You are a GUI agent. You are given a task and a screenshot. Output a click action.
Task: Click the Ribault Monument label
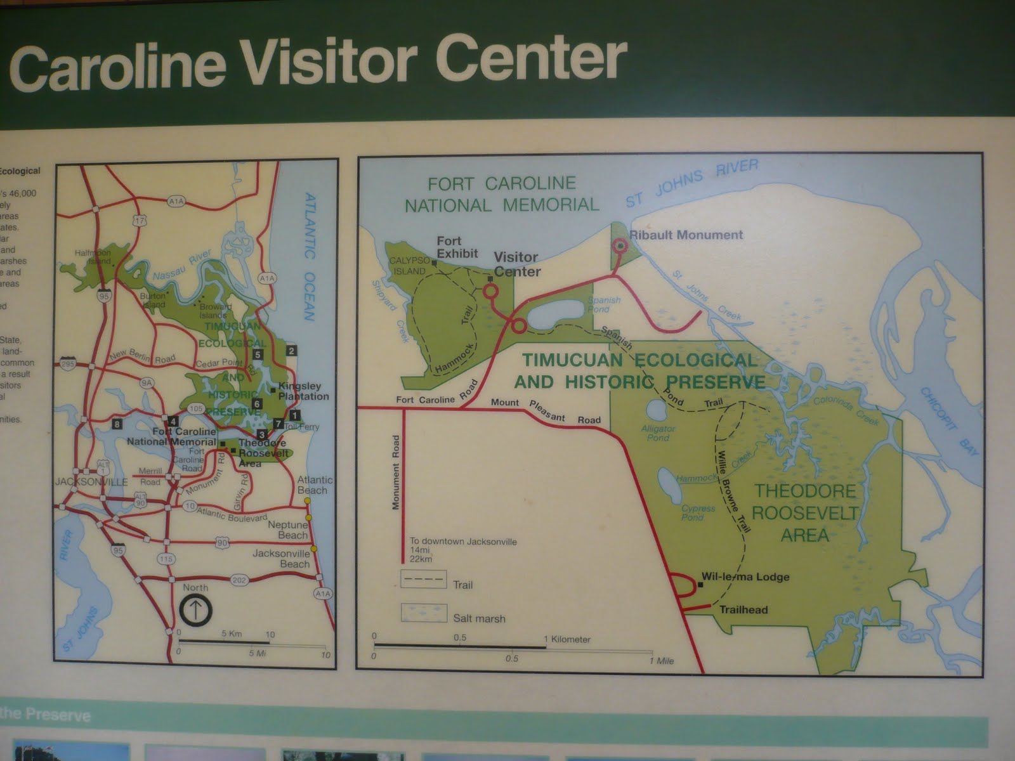click(x=686, y=235)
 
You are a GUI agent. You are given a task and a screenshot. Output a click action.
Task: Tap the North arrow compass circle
click(x=196, y=610)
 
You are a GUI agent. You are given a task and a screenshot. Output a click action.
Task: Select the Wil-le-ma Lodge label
click(x=745, y=577)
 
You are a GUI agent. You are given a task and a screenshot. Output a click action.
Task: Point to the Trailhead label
click(x=743, y=610)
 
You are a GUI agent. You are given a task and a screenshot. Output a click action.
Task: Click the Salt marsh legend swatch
click(x=424, y=613)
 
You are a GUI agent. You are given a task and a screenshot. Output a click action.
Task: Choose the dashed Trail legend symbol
click(x=424, y=580)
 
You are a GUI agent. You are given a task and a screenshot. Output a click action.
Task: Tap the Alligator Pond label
click(x=658, y=433)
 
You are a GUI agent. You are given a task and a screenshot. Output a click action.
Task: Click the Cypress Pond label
click(x=698, y=512)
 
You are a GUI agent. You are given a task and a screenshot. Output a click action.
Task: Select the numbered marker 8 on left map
click(x=117, y=424)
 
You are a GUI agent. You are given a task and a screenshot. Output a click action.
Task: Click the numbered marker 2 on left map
click(x=291, y=351)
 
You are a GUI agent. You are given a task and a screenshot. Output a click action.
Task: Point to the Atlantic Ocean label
click(x=310, y=257)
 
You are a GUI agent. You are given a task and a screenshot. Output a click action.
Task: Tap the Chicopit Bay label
click(x=950, y=420)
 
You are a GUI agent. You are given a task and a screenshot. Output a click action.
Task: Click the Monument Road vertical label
click(x=396, y=472)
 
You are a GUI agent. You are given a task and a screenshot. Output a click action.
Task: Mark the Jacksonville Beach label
click(x=281, y=559)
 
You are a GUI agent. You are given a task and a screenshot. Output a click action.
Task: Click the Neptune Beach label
click(x=288, y=530)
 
